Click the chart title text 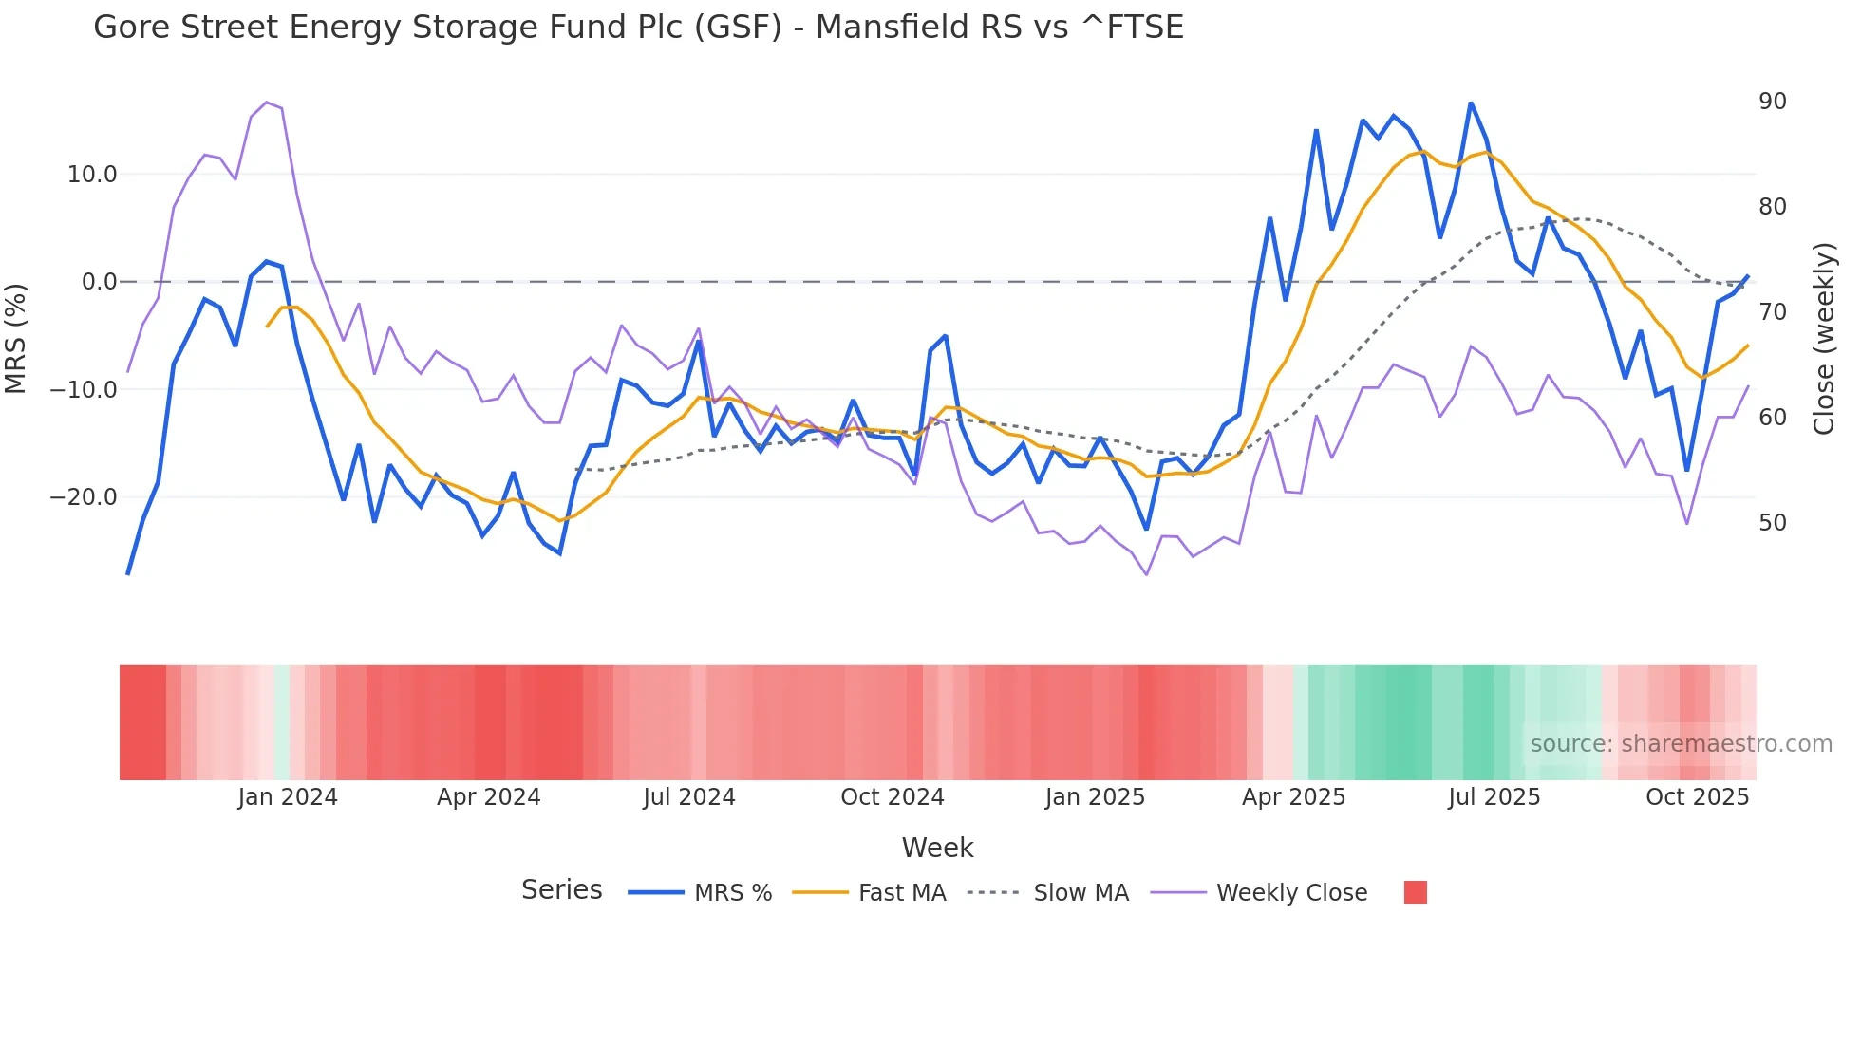click(x=638, y=28)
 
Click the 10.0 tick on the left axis click(x=92, y=175)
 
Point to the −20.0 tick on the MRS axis click(x=84, y=497)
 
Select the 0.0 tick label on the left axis click(x=99, y=282)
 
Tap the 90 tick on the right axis click(x=1772, y=102)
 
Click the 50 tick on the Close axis click(x=1772, y=523)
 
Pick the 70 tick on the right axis click(x=1772, y=312)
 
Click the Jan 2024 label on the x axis click(x=288, y=797)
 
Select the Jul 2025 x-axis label click(x=1494, y=797)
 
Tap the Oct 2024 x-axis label click(x=892, y=797)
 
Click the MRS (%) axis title click(x=16, y=338)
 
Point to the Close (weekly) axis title click(x=1824, y=339)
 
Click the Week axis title click(x=937, y=848)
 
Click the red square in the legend click(x=1415, y=892)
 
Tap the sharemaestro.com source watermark click(x=1681, y=744)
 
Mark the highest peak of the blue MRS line click(x=1471, y=103)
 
